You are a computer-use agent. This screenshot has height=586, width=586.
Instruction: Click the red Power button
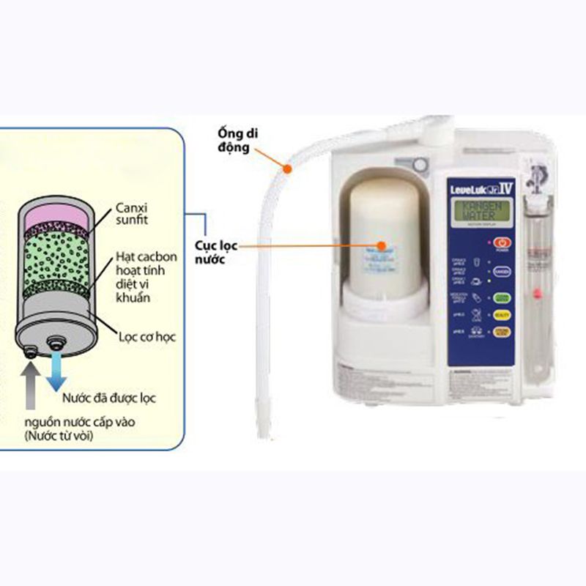click(501, 242)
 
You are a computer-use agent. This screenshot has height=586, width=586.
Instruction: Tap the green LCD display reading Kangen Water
click(480, 212)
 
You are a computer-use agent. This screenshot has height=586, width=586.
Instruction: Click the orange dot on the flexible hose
click(289, 170)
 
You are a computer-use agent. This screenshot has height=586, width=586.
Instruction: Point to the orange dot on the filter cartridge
click(381, 247)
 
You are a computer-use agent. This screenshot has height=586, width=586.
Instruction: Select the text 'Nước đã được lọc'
click(108, 399)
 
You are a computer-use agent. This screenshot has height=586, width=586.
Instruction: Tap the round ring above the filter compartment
click(419, 165)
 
